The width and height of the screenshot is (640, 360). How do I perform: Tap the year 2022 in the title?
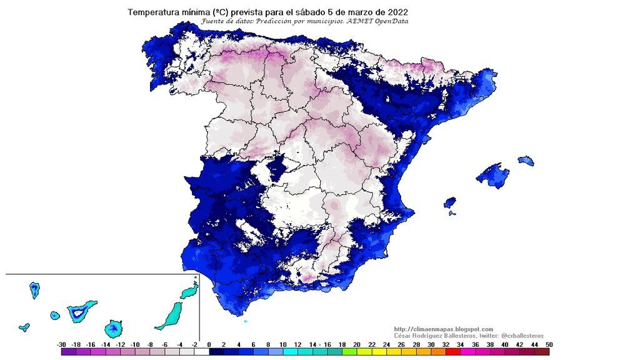coord(397,12)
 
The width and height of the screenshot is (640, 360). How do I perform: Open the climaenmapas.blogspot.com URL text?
coord(444,329)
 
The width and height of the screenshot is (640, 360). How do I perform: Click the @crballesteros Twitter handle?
coord(522,336)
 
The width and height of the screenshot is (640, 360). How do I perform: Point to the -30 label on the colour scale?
coord(61,344)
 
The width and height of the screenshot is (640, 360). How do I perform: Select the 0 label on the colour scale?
coord(209,344)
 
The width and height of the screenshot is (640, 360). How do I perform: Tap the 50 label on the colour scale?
coord(548,344)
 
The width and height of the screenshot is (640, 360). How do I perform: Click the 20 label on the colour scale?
coord(356,344)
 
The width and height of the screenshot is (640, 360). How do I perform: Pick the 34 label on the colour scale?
coord(459,344)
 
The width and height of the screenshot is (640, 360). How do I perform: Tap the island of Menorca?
coord(526,161)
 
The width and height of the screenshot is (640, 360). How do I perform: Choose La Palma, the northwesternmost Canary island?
coord(34,289)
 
